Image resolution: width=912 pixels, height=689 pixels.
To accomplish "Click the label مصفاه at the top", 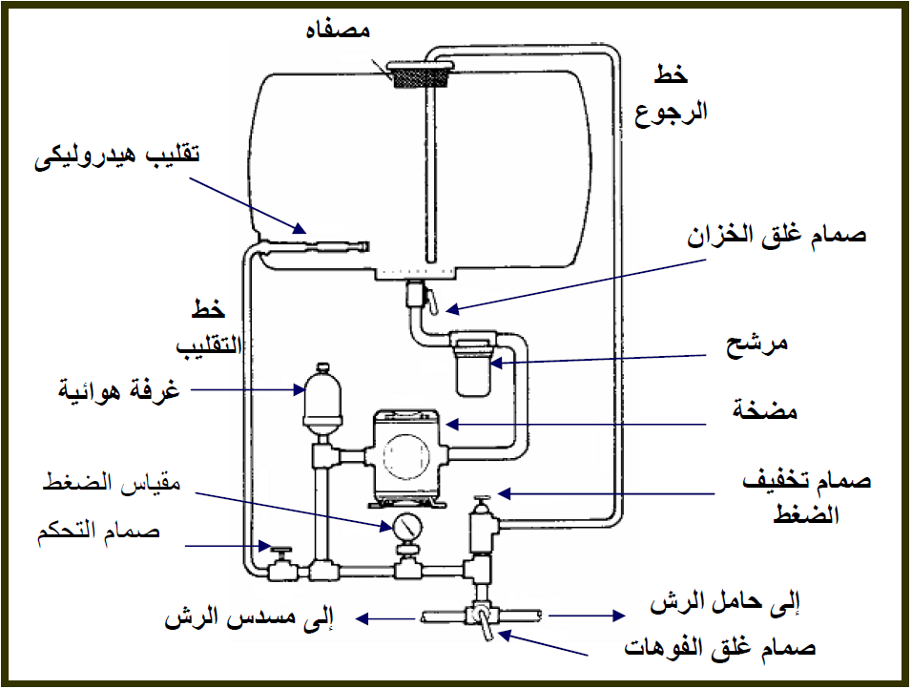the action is click(338, 29).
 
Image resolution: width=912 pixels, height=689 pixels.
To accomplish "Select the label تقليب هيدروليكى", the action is click(117, 156).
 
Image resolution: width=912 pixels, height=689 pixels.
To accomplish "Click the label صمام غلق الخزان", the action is click(777, 236).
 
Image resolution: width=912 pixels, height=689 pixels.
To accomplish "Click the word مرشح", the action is click(757, 344).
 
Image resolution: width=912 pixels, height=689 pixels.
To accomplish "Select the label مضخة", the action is click(764, 410).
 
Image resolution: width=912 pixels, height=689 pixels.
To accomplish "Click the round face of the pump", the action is click(406, 457).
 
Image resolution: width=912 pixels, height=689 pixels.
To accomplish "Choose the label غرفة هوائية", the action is click(118, 389).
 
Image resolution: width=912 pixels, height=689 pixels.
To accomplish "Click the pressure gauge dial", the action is click(407, 527).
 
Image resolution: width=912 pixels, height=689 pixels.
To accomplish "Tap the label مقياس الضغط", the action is click(112, 483).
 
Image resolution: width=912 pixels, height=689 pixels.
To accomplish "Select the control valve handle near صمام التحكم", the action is click(281, 550).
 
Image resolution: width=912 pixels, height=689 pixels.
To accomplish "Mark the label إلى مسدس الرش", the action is click(249, 617).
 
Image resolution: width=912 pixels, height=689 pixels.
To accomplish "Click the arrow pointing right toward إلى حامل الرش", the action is click(587, 616).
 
